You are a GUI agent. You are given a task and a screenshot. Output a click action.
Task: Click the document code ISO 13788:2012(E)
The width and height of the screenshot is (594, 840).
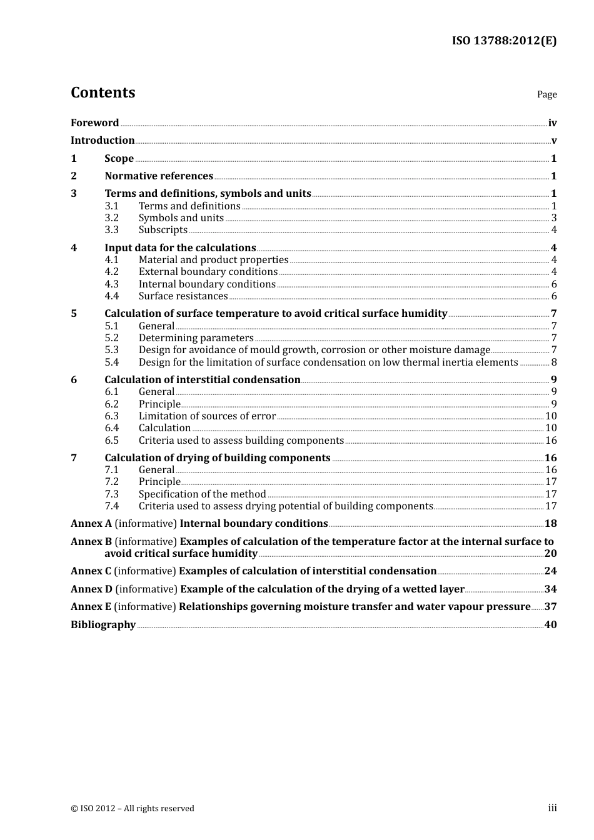tap(504, 41)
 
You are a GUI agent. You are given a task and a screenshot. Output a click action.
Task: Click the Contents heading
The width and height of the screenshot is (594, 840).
tap(103, 92)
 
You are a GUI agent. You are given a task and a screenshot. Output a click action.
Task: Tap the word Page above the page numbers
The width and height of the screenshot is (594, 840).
tap(546, 94)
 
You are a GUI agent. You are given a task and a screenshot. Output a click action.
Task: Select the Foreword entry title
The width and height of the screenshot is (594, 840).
tap(94, 123)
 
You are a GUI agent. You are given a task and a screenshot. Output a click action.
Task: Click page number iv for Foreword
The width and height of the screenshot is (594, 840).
tap(552, 123)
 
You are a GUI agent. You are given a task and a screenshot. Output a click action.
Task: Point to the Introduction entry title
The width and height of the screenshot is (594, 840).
tap(103, 141)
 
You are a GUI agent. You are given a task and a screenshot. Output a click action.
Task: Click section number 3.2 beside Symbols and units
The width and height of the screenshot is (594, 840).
tap(111, 218)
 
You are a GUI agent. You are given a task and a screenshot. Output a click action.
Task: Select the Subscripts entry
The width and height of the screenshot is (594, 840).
tap(163, 230)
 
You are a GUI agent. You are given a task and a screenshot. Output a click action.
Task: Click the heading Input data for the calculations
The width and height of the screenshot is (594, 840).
tap(180, 248)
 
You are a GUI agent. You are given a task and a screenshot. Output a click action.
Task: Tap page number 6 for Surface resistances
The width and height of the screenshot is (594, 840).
tap(553, 296)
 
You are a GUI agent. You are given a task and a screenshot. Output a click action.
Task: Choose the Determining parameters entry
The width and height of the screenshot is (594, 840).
tap(196, 338)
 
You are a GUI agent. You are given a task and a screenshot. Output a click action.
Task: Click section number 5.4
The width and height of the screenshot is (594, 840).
tap(111, 362)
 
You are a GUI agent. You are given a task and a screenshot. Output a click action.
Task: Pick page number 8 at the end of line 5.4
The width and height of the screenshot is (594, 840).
tap(553, 362)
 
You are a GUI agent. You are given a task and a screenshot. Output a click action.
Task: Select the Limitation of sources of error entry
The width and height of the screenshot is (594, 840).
tap(207, 416)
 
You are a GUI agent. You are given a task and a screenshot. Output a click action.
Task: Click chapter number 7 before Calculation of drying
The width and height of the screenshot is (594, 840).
tap(74, 458)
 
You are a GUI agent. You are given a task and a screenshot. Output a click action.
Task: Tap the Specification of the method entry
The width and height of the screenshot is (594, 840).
tap(202, 494)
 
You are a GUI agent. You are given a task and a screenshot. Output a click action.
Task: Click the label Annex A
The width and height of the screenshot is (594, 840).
tap(91, 524)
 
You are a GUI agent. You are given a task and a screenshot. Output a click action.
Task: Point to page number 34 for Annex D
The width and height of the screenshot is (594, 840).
tap(550, 589)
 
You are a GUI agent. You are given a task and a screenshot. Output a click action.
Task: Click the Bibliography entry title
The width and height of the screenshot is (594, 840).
tap(103, 625)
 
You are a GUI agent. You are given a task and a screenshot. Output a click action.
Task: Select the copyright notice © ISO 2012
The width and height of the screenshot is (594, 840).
tap(133, 809)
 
